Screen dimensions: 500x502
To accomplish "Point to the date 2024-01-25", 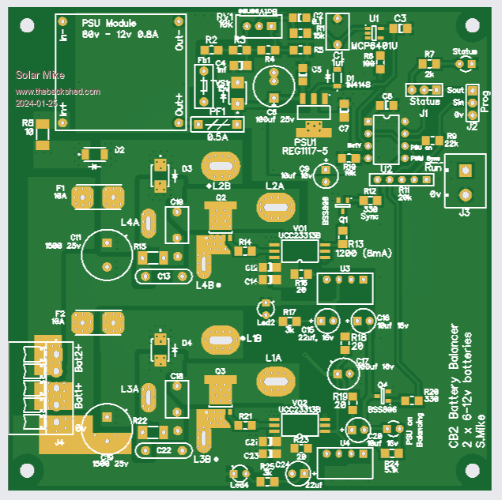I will (36, 103).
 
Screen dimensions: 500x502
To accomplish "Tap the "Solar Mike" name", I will (36, 76).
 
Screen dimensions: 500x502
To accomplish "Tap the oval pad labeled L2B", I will (221, 166).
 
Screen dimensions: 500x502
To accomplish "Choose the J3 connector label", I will (464, 212).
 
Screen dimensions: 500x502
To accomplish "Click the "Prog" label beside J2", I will (485, 101).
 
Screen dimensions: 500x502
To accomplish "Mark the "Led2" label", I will (266, 322).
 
